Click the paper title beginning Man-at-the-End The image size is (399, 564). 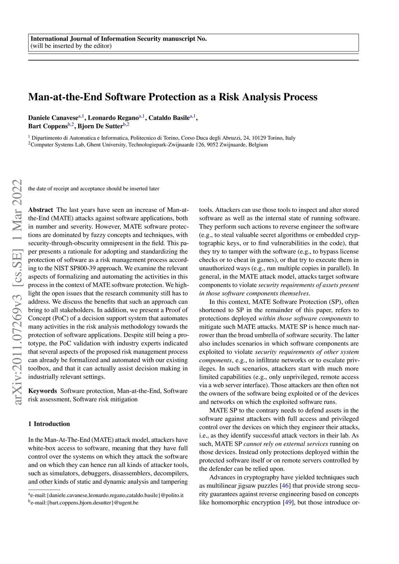pos(173,97)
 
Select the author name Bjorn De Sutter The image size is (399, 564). pos(100,126)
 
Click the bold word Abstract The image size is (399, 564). pos(41,210)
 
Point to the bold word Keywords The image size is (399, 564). pos(42,391)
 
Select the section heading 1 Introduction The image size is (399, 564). pos(49,424)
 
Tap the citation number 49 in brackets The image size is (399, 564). pos(288,502)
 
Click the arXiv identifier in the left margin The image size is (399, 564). pos(18,292)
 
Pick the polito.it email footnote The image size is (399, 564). pos(106,495)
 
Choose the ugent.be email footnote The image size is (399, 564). pos(83,502)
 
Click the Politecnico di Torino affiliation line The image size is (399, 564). pos(163,138)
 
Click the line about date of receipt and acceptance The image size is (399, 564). pos(94,189)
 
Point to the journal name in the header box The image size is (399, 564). pos(118,39)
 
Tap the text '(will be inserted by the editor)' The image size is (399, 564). pos(71,46)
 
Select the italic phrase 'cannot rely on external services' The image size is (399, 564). pos(286,444)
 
